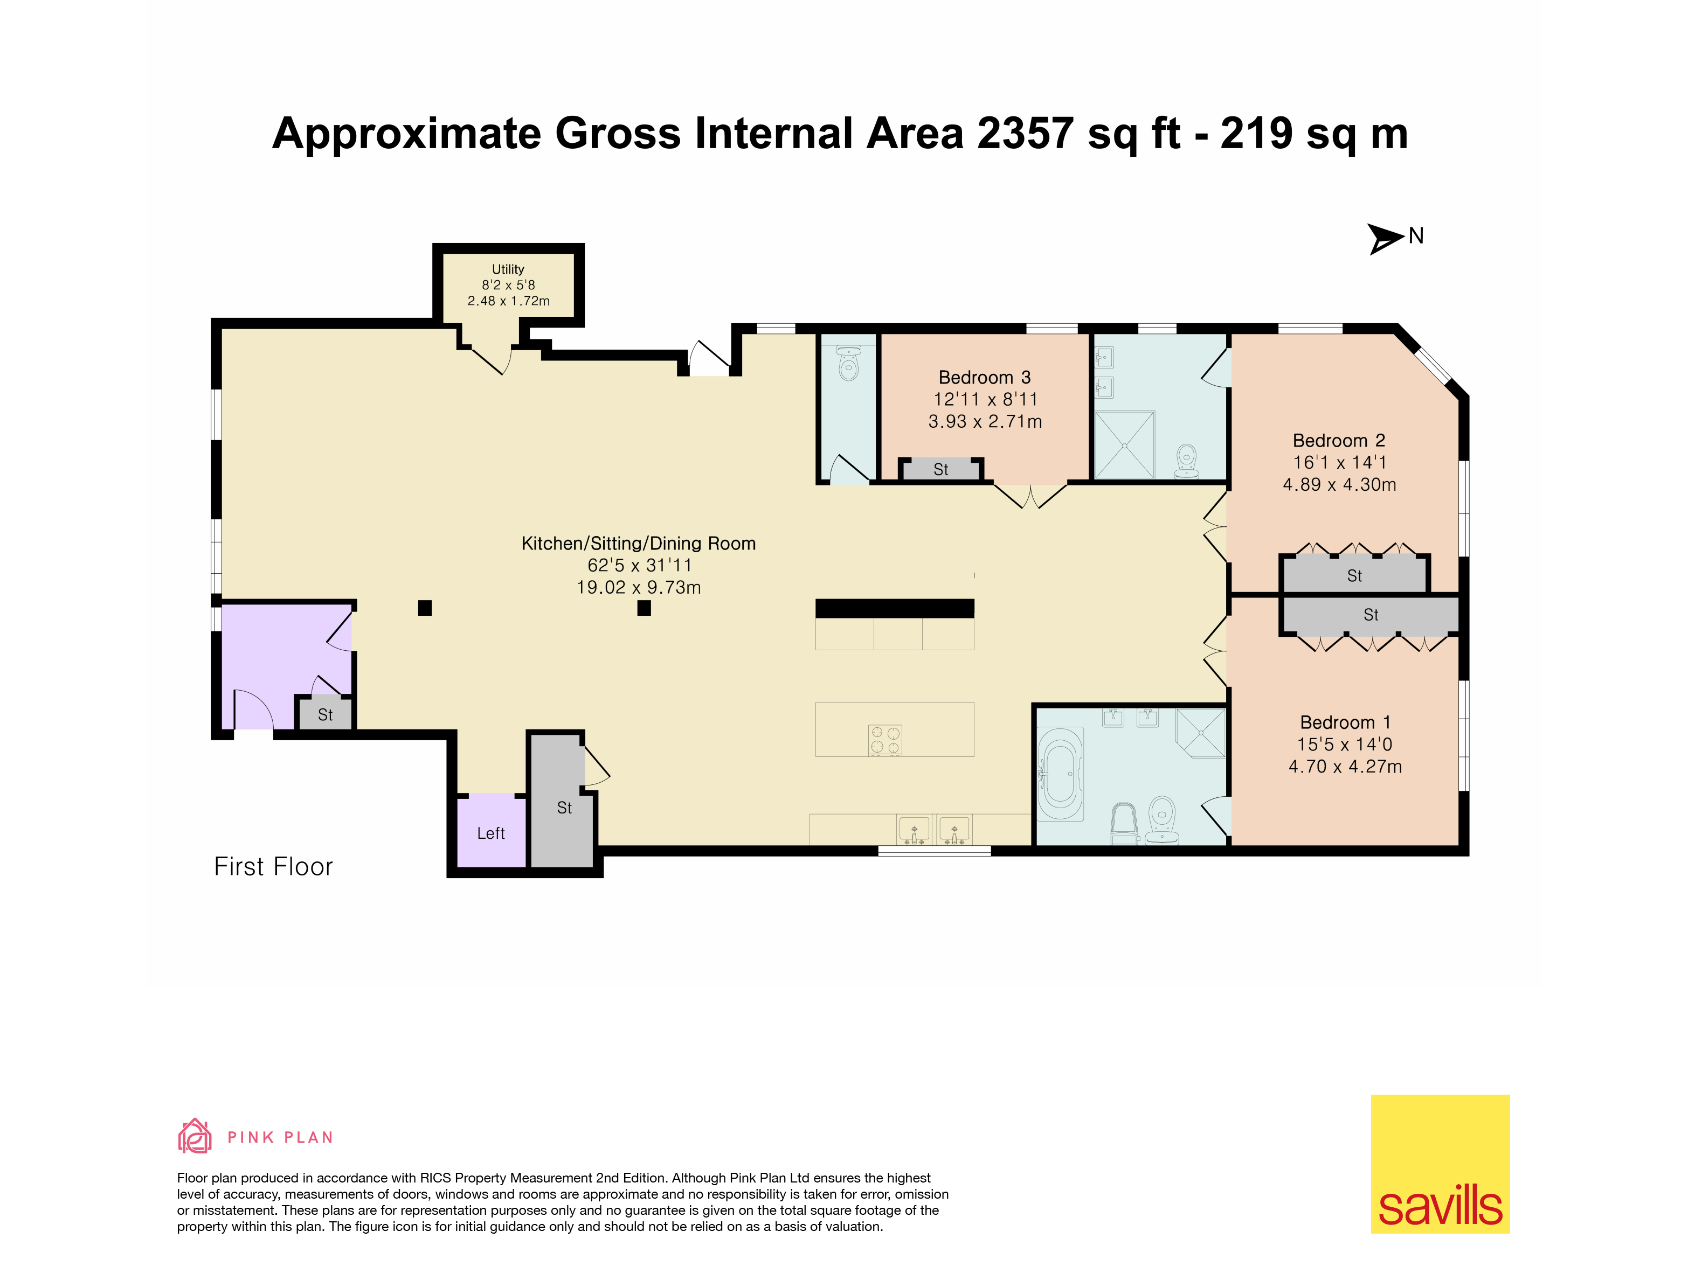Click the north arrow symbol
pyautogui.click(x=1383, y=238)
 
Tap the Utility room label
pyautogui.click(x=508, y=269)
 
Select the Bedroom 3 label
pyautogui.click(x=985, y=378)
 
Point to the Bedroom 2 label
pyautogui.click(x=1339, y=441)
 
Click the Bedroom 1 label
pyautogui.click(x=1345, y=722)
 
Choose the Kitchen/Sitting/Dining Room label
pyautogui.click(x=639, y=543)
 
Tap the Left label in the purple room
pyautogui.click(x=490, y=833)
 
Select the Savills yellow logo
pyautogui.click(x=1440, y=1164)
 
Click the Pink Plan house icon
pyautogui.click(x=195, y=1136)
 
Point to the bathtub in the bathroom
pyautogui.click(x=1060, y=774)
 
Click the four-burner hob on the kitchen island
pyautogui.click(x=885, y=740)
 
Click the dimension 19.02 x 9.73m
pyautogui.click(x=639, y=587)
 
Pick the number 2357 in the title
pyautogui.click(x=1025, y=134)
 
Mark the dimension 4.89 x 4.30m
pyautogui.click(x=1339, y=484)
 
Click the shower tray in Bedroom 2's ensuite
pyautogui.click(x=1124, y=444)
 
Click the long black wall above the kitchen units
pyautogui.click(x=894, y=608)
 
